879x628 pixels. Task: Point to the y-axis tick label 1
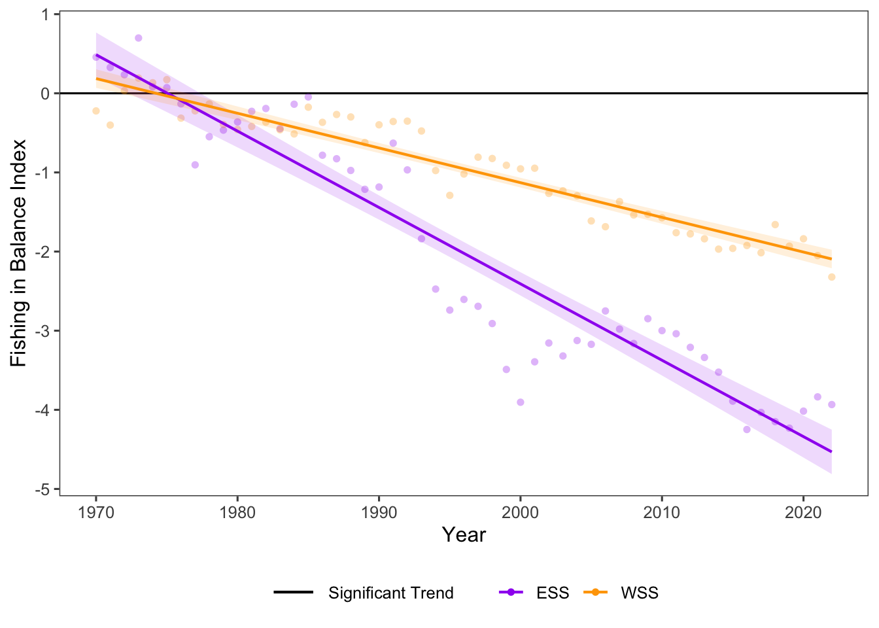point(46,14)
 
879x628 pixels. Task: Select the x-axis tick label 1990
point(379,512)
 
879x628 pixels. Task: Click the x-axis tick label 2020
point(803,512)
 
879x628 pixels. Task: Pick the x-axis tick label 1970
point(96,512)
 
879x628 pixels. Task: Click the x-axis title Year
point(464,535)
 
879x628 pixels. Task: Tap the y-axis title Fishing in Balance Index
point(18,253)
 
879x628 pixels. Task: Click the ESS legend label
point(553,593)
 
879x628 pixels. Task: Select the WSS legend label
point(639,593)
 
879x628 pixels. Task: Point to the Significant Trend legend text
point(390,593)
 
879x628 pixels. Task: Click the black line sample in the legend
point(294,593)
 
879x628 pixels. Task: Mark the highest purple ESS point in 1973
point(139,38)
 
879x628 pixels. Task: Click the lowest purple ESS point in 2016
point(747,430)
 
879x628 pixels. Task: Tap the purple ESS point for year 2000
point(521,402)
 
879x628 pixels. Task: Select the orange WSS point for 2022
point(832,277)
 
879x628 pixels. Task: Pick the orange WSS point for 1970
point(96,111)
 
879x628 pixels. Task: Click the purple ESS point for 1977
point(195,165)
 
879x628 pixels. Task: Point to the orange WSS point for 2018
point(775,224)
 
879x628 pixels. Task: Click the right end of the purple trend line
point(831,451)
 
